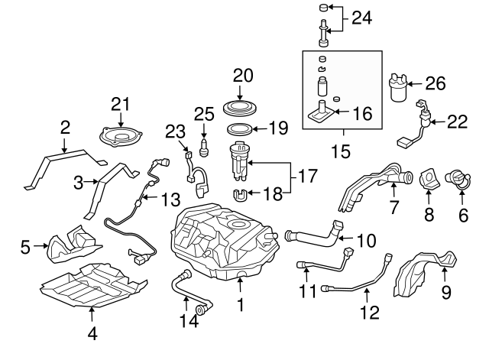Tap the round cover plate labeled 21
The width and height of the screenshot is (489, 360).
pos(122,138)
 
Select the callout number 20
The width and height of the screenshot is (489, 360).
pos(242,75)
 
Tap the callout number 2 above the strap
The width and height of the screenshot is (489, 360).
pos(65,126)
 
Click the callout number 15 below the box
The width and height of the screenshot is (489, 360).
pos(341,151)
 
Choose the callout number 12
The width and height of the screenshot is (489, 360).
pos(369,312)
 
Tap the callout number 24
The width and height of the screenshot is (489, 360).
pos(361,17)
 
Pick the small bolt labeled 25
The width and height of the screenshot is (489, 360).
pos(202,145)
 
